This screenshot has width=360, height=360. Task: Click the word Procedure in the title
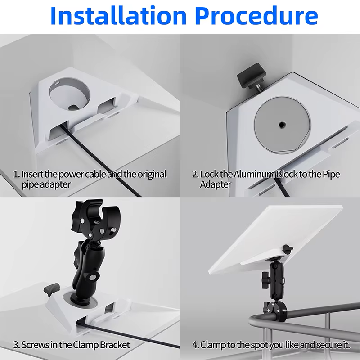coord(256,16)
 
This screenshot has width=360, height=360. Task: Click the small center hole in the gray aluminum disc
coord(282,125)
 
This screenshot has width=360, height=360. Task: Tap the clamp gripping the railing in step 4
coord(275,311)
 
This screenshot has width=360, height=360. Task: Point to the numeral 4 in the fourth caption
coord(195,345)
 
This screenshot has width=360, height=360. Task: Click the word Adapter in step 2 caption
coord(216,184)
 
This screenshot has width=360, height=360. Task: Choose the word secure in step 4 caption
coord(329,345)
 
